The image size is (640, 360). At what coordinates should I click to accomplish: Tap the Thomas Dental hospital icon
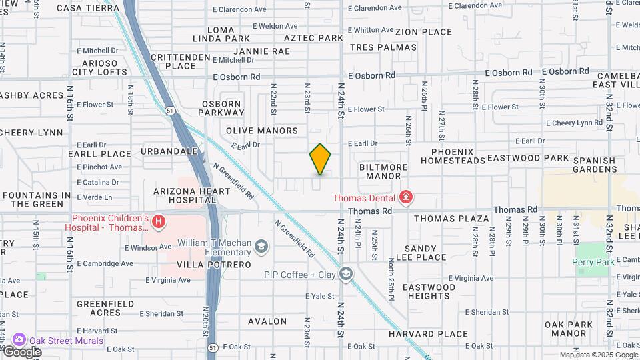click(x=405, y=197)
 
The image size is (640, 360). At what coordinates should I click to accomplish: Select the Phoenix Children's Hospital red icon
click(x=159, y=223)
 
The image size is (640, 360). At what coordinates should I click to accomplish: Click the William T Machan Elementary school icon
click(x=261, y=247)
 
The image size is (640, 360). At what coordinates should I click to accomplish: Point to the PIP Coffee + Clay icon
click(x=345, y=274)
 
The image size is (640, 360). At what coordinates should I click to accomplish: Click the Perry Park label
click(x=593, y=263)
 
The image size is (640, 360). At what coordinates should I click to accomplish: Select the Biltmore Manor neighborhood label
click(x=380, y=171)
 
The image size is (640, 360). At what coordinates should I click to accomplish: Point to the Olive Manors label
click(x=261, y=131)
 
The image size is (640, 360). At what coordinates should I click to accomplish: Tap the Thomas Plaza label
click(x=451, y=219)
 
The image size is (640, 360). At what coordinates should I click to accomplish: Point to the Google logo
click(x=22, y=352)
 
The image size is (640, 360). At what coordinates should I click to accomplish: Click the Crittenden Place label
click(x=173, y=61)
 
